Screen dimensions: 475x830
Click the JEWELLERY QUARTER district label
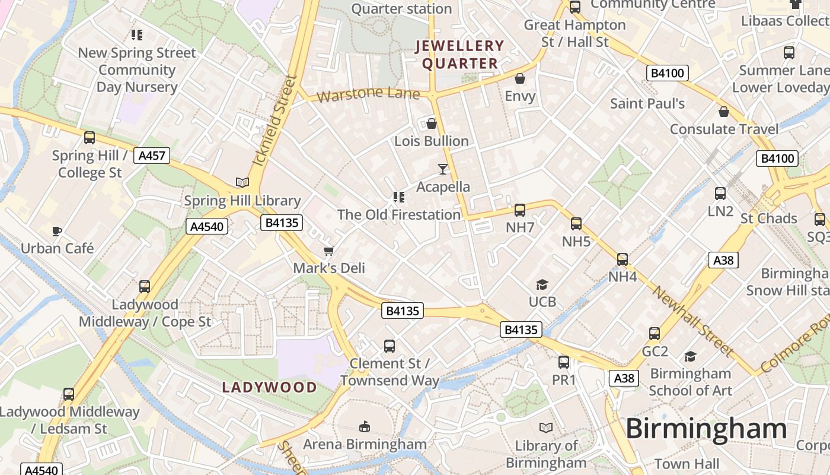click(459, 55)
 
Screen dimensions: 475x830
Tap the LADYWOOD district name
click(269, 388)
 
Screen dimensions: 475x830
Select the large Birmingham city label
click(705, 429)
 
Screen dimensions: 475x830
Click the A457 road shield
click(152, 156)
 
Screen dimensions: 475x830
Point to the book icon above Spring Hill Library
click(242, 182)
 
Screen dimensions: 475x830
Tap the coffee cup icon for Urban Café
click(57, 231)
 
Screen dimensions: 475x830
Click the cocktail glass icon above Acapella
click(443, 169)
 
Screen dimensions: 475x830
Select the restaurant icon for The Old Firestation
click(398, 197)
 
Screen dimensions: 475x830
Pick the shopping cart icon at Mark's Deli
click(328, 251)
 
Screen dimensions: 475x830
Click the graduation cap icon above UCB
click(542, 285)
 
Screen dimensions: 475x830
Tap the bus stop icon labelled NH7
click(520, 210)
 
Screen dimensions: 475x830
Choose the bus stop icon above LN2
click(720, 194)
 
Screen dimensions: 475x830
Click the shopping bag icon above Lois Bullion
click(432, 123)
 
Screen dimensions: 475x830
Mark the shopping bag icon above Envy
click(520, 78)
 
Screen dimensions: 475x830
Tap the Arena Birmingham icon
click(365, 426)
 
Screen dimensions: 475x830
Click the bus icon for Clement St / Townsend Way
click(390, 346)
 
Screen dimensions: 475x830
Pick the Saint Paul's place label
click(647, 103)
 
